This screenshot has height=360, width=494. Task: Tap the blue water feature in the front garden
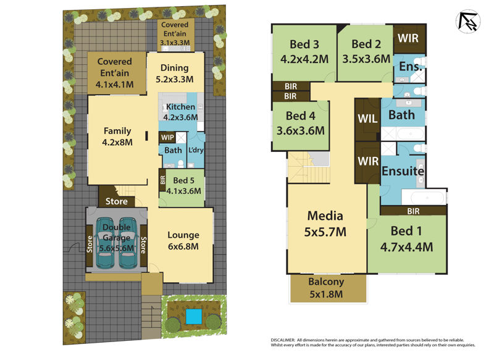coord(194,317)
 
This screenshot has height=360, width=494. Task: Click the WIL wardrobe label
coord(367,118)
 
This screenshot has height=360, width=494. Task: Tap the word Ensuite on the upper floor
coord(402,171)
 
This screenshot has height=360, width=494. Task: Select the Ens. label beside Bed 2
coord(410,66)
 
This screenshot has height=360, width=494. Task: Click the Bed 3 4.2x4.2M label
coord(303,52)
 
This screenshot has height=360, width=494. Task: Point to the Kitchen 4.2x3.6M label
coord(180,112)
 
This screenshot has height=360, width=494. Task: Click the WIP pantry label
coord(167,137)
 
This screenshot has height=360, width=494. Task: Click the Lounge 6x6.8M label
coord(183,240)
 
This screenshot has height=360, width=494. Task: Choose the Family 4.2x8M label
coord(117,136)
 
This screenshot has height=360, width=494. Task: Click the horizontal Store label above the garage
coord(116,201)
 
